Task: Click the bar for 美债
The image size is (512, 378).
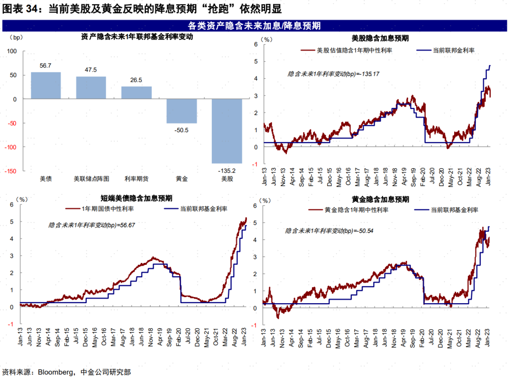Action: click(x=46, y=85)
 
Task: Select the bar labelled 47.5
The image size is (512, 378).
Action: click(x=91, y=88)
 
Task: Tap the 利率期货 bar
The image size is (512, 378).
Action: click(x=136, y=93)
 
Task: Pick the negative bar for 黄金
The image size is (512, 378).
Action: click(x=182, y=111)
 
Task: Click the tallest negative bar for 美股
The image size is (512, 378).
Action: click(x=227, y=131)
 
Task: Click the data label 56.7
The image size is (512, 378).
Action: click(x=46, y=65)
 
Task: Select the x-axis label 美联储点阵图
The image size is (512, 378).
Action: click(x=91, y=179)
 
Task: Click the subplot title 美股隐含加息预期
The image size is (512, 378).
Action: click(x=381, y=37)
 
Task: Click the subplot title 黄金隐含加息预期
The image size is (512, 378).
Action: click(x=381, y=199)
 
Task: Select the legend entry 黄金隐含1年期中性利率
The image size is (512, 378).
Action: click(x=357, y=210)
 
